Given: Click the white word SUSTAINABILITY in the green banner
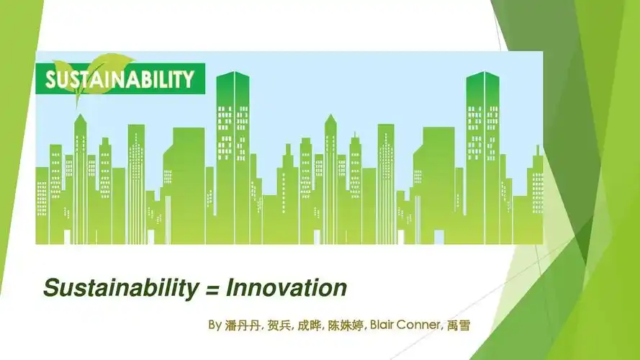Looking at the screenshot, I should [x=120, y=79].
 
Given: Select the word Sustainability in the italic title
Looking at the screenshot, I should [x=120, y=289].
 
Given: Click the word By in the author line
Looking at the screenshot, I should [x=215, y=325].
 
